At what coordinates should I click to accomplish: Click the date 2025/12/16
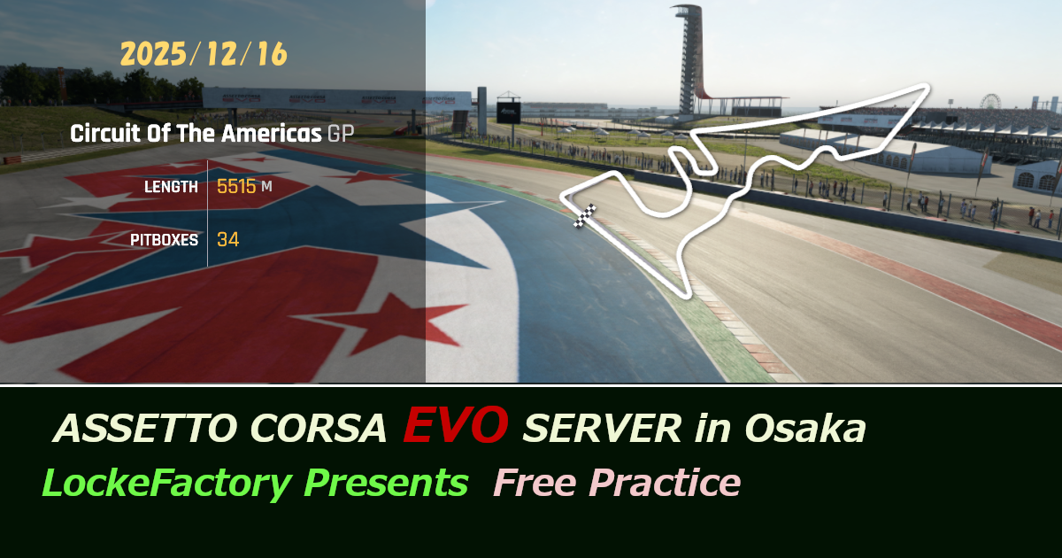click(204, 54)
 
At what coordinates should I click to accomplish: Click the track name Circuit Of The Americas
click(195, 135)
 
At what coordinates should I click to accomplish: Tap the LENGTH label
click(171, 187)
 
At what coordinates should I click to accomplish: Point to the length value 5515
click(236, 187)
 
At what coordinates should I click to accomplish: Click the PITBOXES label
click(164, 239)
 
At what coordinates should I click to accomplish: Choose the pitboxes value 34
click(227, 239)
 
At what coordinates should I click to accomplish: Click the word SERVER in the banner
click(602, 430)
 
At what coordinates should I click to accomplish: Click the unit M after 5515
click(266, 188)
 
